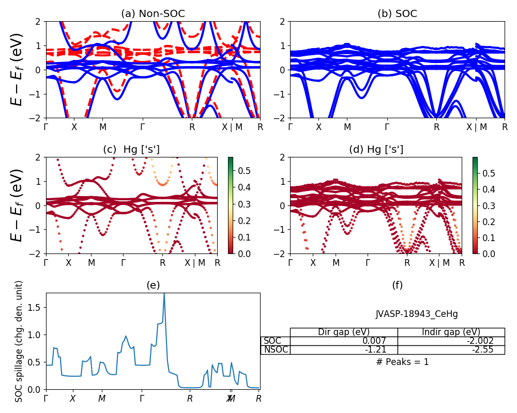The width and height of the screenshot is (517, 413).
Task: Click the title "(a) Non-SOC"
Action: [x=153, y=14]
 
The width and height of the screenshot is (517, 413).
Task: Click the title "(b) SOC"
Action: [x=397, y=14]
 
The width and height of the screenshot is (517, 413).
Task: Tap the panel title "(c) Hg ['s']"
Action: [x=131, y=150]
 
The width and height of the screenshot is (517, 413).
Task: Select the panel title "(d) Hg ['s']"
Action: [x=376, y=150]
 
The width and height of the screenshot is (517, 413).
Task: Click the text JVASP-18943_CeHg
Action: [x=417, y=314]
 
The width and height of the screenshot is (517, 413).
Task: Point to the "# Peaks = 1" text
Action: [x=403, y=362]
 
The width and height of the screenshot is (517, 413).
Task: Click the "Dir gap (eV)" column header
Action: [x=343, y=332]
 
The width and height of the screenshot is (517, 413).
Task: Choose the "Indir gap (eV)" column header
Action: [x=451, y=332]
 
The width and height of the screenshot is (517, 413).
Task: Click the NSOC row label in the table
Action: [x=276, y=350]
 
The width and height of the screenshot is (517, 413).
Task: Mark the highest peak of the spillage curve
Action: [x=164, y=293]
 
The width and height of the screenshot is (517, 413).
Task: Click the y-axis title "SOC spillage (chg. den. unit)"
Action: [x=19, y=341]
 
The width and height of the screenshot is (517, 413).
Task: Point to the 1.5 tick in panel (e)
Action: [x=36, y=307]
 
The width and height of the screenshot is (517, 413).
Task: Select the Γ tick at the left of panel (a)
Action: [x=46, y=126]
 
